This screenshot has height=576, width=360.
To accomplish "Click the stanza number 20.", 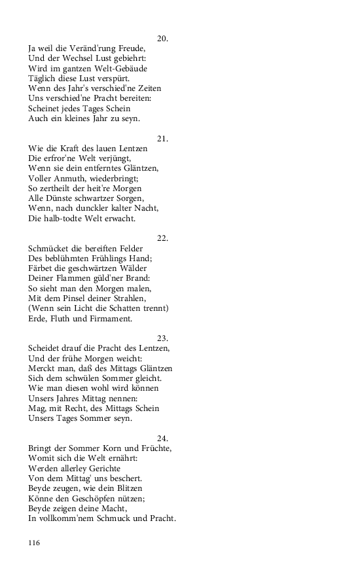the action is pos(163,39).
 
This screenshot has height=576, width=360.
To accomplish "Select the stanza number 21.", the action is pos(163,138).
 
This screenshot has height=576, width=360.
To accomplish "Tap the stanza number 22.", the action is pos(163,238).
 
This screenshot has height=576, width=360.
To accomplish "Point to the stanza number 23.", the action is pos(163,338).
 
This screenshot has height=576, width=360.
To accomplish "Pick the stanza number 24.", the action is pos(163,438).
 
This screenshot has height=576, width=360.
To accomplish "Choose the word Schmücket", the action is pos(50,249).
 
